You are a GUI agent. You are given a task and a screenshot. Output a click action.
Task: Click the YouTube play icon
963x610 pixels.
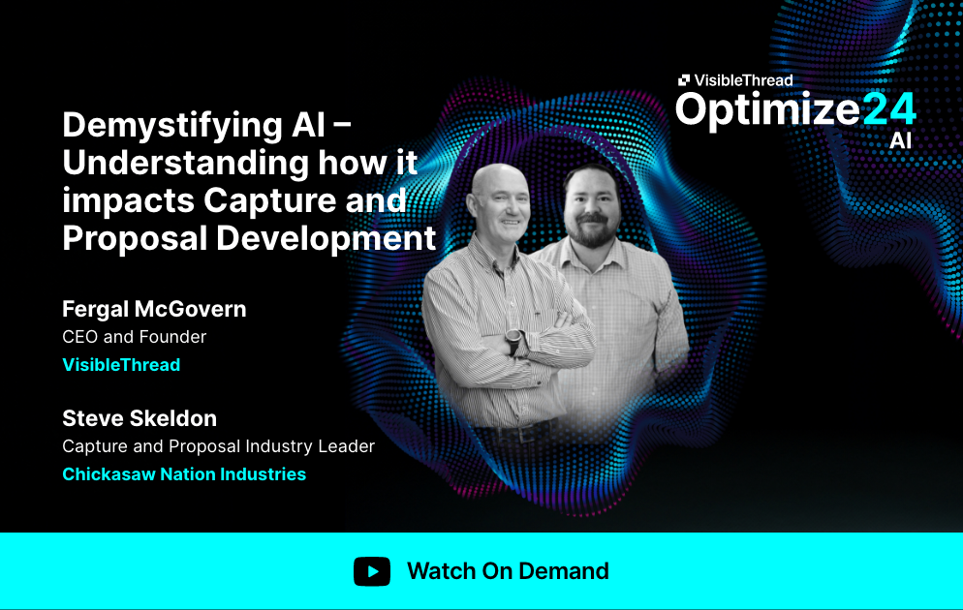(372, 571)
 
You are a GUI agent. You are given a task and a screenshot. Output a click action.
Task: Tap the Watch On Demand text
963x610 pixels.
(508, 571)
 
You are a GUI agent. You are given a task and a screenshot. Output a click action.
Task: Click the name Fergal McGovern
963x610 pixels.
(154, 309)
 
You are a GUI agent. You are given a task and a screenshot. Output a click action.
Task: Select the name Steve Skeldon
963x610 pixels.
(140, 418)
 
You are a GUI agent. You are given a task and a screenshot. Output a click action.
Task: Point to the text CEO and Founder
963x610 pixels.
(135, 337)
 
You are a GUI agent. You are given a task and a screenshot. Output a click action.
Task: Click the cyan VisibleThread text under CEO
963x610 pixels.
(121, 365)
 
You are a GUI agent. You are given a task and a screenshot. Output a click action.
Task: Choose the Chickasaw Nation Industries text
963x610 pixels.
(184, 474)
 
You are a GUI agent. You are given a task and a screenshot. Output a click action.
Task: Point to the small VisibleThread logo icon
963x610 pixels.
(684, 80)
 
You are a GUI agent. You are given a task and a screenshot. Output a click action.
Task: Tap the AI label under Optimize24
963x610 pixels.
(900, 141)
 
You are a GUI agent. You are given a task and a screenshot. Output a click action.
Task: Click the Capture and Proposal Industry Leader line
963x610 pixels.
(218, 446)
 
